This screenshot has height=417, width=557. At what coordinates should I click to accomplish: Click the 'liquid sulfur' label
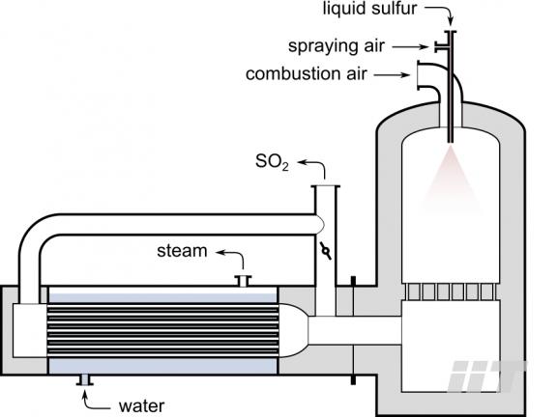click(x=369, y=9)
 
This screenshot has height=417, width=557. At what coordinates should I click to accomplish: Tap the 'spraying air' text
click(x=337, y=46)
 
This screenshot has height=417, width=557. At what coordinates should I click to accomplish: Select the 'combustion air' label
click(x=307, y=74)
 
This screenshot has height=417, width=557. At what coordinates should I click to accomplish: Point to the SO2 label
click(x=272, y=162)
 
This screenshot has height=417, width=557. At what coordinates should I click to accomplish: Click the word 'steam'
click(x=182, y=251)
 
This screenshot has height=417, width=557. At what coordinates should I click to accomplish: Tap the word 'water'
click(x=141, y=406)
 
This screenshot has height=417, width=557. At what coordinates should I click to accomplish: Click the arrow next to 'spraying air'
click(x=410, y=46)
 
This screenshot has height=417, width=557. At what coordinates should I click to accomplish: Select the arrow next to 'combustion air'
click(x=392, y=75)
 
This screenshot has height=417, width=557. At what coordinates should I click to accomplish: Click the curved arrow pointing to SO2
click(x=317, y=164)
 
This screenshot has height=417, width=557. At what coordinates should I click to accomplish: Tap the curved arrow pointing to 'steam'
click(x=236, y=254)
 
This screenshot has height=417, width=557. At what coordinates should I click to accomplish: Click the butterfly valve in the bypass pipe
click(x=325, y=251)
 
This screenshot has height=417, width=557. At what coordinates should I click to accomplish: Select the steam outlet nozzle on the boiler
click(x=244, y=281)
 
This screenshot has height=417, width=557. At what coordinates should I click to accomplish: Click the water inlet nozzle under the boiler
click(x=85, y=380)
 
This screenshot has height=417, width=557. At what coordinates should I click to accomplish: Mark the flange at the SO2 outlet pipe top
click(x=325, y=186)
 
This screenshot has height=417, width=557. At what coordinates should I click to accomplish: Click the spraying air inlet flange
click(x=436, y=46)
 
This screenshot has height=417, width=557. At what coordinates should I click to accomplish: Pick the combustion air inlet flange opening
click(x=418, y=75)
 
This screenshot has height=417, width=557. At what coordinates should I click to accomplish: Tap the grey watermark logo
click(x=486, y=375)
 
